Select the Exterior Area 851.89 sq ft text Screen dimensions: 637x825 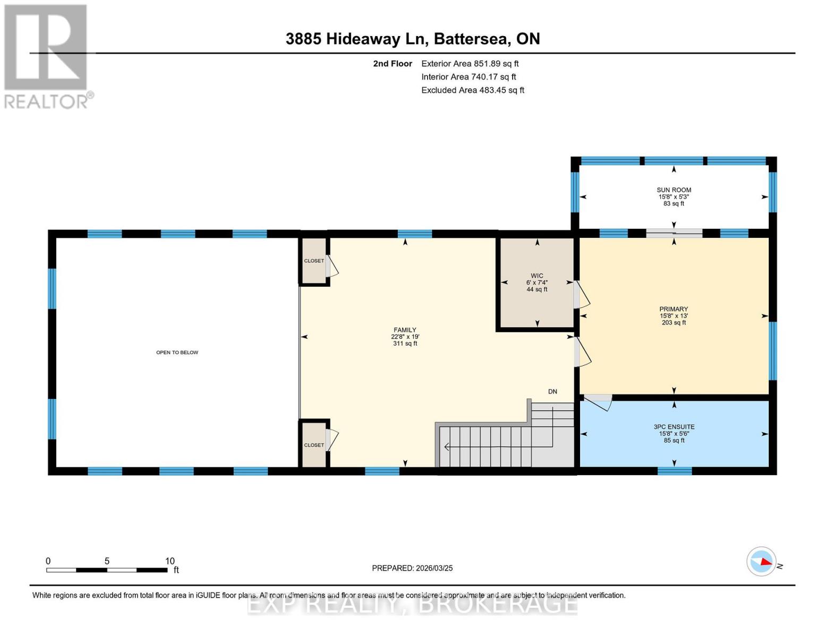pyautogui.click(x=470, y=64)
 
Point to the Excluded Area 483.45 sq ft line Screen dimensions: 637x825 pyautogui.click(x=472, y=90)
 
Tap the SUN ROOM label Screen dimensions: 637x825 pyautogui.click(x=674, y=190)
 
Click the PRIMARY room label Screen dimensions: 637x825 pyautogui.click(x=674, y=309)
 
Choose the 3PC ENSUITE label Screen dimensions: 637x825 pyautogui.click(x=674, y=427)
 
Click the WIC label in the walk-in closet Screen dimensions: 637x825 pyautogui.click(x=537, y=276)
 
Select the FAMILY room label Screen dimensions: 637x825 pyautogui.click(x=405, y=330)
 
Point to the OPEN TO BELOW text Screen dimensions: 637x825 pyautogui.click(x=177, y=352)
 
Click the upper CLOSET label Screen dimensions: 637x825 pyautogui.click(x=313, y=261)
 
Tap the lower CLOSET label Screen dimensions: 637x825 pyautogui.click(x=313, y=445)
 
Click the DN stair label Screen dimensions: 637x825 pyautogui.click(x=552, y=392)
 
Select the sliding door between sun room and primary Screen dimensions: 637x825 pyautogui.click(x=674, y=233)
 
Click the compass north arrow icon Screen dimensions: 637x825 pyautogui.click(x=762, y=561)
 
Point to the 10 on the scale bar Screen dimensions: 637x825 pyautogui.click(x=169, y=561)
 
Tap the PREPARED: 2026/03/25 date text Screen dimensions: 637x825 pyautogui.click(x=412, y=568)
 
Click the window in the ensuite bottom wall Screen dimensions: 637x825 pyautogui.click(x=675, y=471)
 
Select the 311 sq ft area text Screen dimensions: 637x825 pyautogui.click(x=405, y=344)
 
